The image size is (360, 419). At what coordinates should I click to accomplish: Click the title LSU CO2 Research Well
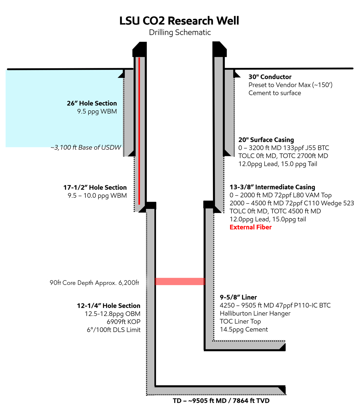pos(179,21)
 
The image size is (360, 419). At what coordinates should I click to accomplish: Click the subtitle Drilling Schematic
pos(180,32)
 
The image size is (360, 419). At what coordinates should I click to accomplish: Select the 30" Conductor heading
pos(270,77)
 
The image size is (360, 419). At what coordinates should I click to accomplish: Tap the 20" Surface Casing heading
pos(266,140)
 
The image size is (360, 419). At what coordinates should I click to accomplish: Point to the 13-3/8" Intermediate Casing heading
pos(272,187)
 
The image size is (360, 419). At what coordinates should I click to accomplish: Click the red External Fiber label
pos(250,227)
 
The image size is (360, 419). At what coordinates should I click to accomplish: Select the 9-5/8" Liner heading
pos(238,297)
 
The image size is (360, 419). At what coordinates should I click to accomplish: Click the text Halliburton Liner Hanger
pos(255,313)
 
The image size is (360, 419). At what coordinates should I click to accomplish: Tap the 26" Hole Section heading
pos(92,103)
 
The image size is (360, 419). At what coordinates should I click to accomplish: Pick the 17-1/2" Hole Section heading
pos(95,187)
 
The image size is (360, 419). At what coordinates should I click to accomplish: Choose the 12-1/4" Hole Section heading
pos(108,306)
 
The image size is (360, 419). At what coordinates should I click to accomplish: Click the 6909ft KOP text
pos(123,322)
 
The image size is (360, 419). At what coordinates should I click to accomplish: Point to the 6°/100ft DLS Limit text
pos(113,330)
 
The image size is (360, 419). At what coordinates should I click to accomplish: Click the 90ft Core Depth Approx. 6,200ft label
pos(94,283)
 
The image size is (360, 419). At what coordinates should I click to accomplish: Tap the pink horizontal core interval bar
pos(180,281)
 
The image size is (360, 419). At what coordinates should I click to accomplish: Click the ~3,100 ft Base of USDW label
pos(86,147)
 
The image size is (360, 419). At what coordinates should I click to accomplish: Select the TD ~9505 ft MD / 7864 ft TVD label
pos(221,401)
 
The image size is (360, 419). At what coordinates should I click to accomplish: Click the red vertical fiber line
pos(139,131)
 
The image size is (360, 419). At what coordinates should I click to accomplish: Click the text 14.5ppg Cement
pos(244,330)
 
